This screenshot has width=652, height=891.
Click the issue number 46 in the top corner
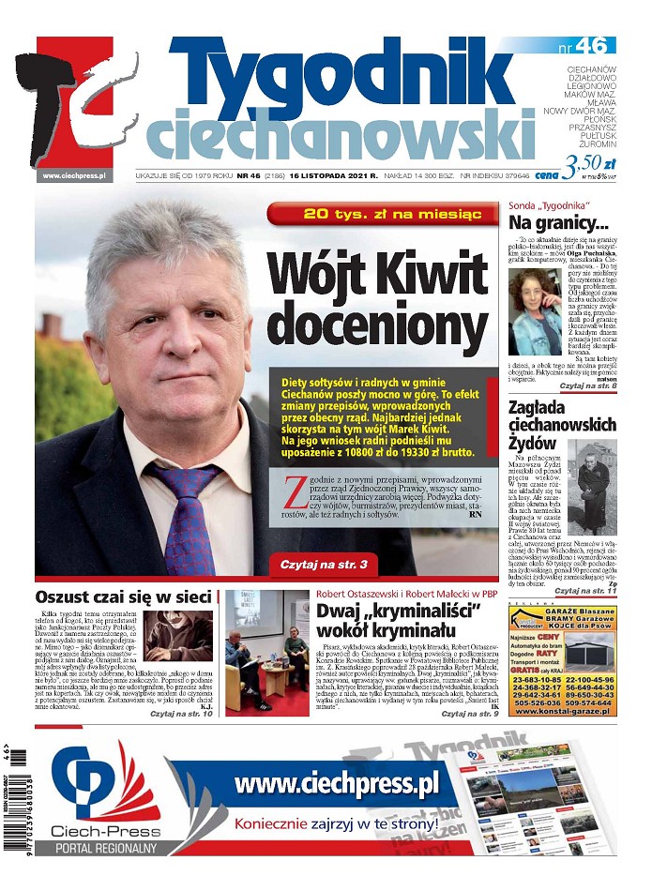coord(597,45)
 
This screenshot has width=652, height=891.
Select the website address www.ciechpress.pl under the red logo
coord(73,174)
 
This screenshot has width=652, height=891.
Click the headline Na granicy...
coord(558,223)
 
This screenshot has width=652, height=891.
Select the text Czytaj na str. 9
coord(468,714)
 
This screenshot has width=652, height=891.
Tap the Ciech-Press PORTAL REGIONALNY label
coord(105,839)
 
